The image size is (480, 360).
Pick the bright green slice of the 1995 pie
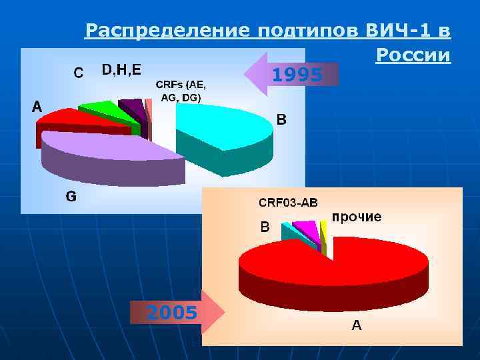(100, 108)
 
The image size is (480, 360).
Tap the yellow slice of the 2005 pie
(323, 230)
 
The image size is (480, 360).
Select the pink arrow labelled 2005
(176, 311)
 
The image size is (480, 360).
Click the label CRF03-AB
(288, 202)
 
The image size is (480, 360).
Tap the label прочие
(357, 217)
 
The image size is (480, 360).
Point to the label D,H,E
(121, 70)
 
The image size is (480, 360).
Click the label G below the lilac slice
(71, 197)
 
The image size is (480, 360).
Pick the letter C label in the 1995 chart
(78, 73)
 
